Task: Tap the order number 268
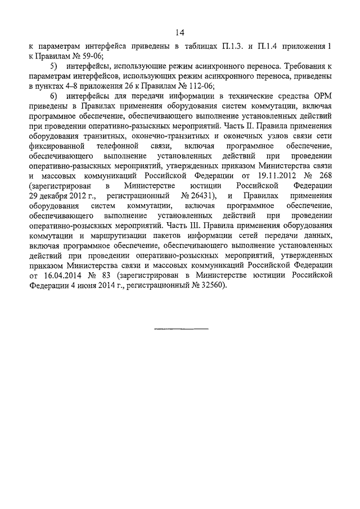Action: coord(322,175)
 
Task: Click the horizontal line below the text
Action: coord(181,328)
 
